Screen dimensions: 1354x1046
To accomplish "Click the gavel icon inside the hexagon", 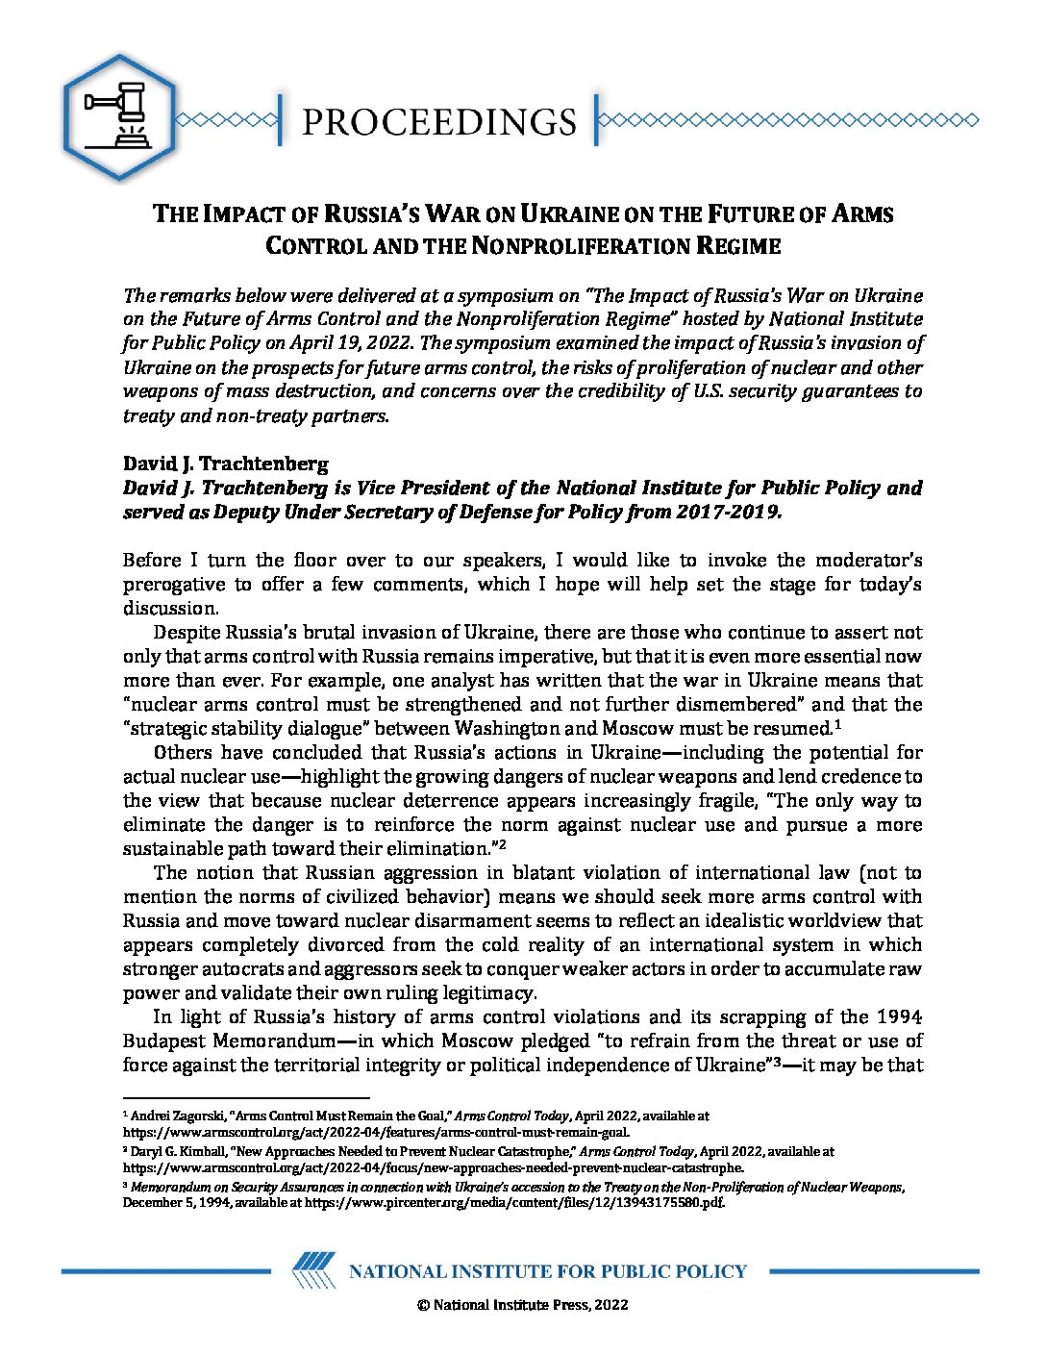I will coord(117,117).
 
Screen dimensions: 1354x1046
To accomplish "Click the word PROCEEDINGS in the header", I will coord(438,121).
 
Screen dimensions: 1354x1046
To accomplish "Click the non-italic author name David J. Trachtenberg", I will coord(212,464).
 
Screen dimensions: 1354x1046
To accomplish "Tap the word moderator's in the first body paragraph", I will coord(869,560).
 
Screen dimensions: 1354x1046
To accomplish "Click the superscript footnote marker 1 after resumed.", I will coord(838,723).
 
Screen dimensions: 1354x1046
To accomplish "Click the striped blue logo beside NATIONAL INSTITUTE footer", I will coord(313,1271).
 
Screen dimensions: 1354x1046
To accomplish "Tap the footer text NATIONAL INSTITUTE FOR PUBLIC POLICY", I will coord(547,1271).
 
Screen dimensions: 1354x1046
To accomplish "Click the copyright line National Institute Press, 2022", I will coord(522,1305).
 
